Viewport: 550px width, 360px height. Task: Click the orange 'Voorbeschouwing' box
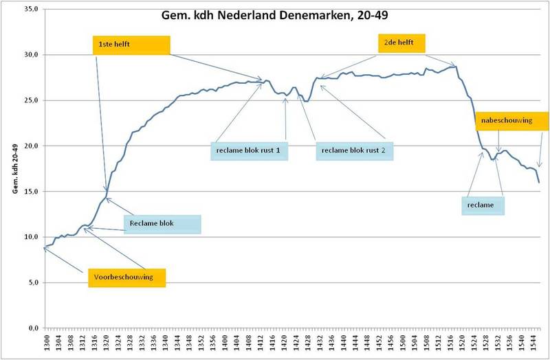coord(127,278)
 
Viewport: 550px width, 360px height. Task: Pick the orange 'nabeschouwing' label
coord(512,121)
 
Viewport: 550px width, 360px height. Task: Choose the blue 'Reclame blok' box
coord(163,224)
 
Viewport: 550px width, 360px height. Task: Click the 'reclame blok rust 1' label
coord(250,150)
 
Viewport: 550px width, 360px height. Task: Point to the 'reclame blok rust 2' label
coord(355,150)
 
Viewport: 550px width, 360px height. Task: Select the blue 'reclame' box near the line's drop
coord(483,205)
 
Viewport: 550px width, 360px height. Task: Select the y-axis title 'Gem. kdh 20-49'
coord(14,168)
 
